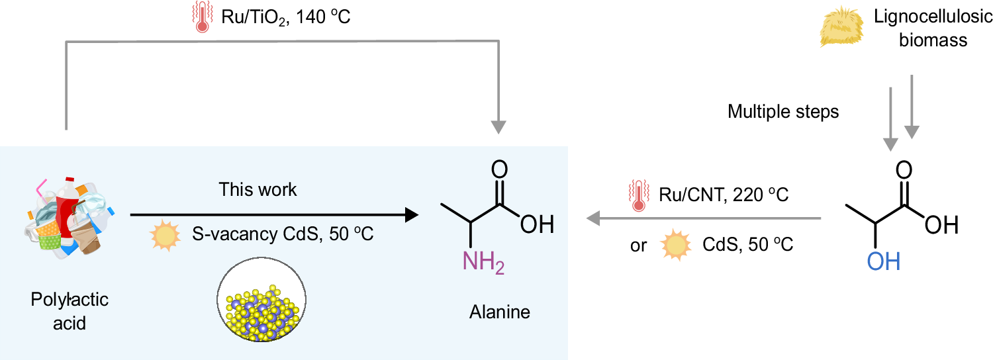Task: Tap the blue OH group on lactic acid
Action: [x=884, y=262]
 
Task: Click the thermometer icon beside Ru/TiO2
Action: [x=200, y=18]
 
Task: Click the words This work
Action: [x=258, y=190]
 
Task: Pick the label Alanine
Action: [x=500, y=312]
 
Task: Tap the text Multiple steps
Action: [x=783, y=112]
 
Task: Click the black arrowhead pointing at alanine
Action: [x=412, y=214]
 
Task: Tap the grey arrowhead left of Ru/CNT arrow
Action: [x=592, y=217]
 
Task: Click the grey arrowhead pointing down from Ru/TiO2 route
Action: [x=500, y=127]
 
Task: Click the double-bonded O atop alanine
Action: [x=500, y=168]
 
